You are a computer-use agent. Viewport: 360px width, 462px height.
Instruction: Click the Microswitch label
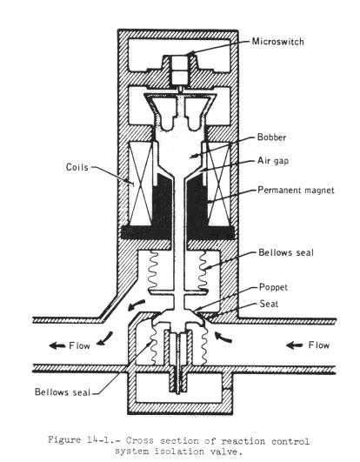[277, 42]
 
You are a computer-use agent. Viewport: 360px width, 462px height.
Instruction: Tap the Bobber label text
[271, 137]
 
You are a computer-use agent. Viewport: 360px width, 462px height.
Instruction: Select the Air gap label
[273, 161]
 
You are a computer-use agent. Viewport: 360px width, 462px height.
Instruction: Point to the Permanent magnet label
[296, 190]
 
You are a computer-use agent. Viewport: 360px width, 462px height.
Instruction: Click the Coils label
[77, 167]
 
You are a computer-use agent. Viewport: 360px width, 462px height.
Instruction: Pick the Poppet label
[273, 287]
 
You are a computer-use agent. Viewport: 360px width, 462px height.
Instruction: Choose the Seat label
[269, 304]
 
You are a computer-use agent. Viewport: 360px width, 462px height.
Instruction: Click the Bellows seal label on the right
[286, 252]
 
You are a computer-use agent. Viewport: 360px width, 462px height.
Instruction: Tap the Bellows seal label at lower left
[63, 392]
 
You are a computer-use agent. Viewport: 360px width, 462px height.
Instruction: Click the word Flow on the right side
[319, 345]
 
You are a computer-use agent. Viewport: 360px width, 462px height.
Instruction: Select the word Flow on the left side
[79, 345]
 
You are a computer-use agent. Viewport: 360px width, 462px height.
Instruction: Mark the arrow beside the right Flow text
[295, 345]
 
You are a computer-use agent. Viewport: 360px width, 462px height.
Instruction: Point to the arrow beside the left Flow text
[57, 345]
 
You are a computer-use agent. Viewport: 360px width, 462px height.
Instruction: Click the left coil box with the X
[141, 184]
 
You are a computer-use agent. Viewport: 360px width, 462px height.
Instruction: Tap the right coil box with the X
[218, 184]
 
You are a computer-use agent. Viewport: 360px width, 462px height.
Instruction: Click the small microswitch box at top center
[179, 70]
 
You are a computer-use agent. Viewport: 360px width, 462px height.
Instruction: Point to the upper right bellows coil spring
[203, 271]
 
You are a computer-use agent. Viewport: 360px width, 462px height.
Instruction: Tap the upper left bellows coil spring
[153, 271]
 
